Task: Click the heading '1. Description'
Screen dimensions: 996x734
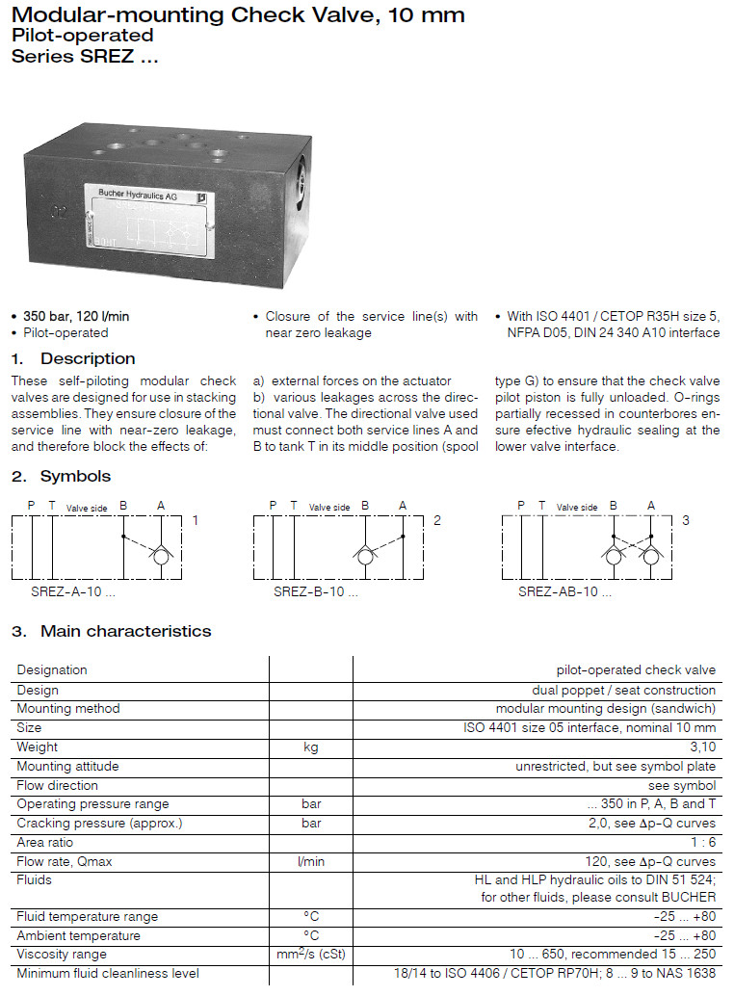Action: pos(73,359)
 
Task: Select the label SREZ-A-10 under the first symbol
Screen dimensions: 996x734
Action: pos(72,592)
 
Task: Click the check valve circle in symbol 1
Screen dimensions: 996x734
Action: pos(161,556)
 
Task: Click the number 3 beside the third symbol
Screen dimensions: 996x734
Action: pos(686,520)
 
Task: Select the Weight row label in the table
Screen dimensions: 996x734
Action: pos(37,747)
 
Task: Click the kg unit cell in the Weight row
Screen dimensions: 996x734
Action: pos(310,747)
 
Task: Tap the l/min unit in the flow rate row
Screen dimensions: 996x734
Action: pos(310,861)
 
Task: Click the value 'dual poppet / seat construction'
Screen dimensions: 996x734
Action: pos(623,690)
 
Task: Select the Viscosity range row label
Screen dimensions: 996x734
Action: pos(62,955)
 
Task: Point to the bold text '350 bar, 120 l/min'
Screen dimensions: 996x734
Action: pos(76,316)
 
